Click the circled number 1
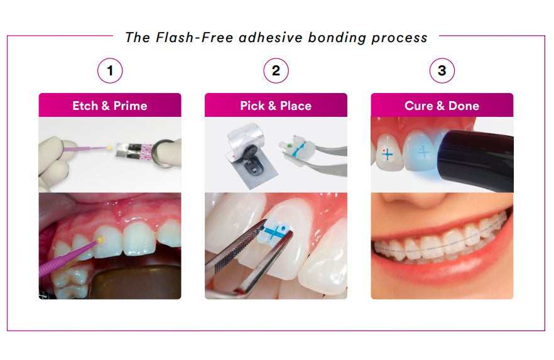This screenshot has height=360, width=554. pyautogui.click(x=110, y=70)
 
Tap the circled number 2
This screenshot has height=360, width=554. pyautogui.click(x=276, y=70)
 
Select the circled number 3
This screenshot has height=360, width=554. pyautogui.click(x=442, y=70)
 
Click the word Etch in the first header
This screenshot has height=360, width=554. pyautogui.click(x=85, y=106)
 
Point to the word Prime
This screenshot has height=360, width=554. pyautogui.click(x=131, y=106)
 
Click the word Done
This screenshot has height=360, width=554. pyautogui.click(x=464, y=106)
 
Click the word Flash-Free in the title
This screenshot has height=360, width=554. pyautogui.click(x=194, y=38)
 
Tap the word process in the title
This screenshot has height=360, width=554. pyautogui.click(x=399, y=38)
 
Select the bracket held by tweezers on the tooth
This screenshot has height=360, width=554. pyautogui.click(x=274, y=231)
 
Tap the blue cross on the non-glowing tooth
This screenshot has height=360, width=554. pyautogui.click(x=387, y=154)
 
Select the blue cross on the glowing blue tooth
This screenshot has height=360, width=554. pyautogui.click(x=423, y=152)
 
